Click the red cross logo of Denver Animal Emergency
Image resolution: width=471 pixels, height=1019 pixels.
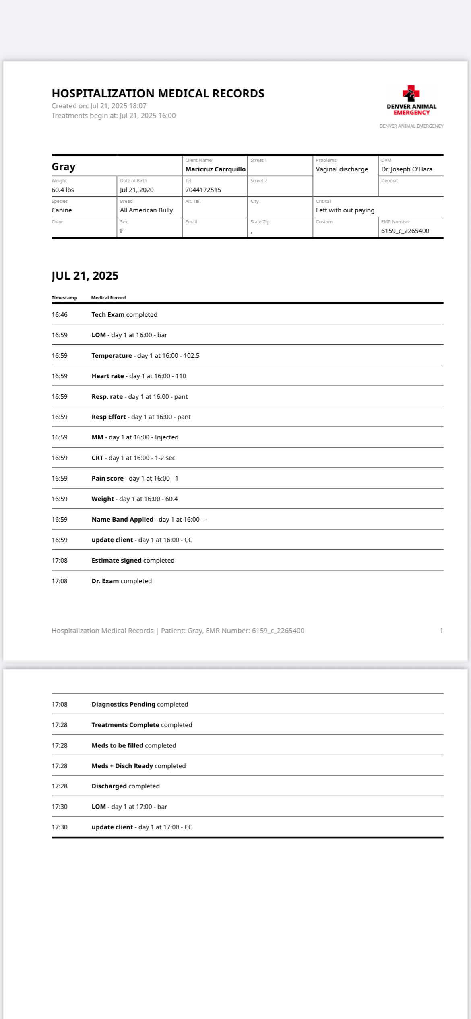[411, 93]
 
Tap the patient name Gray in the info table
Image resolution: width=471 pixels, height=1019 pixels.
[64, 167]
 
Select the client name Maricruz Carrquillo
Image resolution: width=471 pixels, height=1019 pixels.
[215, 169]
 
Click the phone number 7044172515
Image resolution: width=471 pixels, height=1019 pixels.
[203, 190]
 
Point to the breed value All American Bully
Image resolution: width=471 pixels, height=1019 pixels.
[146, 210]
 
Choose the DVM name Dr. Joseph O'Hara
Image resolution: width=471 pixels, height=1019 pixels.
[407, 169]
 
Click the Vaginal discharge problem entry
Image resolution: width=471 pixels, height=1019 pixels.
[342, 169]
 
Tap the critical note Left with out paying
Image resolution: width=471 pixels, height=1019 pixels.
[345, 210]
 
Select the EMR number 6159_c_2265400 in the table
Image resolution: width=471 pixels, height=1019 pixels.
[405, 231]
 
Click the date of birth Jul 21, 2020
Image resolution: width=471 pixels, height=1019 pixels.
[136, 190]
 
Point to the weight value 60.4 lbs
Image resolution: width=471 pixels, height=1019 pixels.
[63, 190]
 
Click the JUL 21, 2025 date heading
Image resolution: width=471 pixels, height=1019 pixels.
[85, 276]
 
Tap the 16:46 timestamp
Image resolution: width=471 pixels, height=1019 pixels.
[60, 315]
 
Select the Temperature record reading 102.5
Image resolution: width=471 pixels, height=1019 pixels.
[145, 356]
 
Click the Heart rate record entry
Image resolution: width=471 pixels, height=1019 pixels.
[138, 376]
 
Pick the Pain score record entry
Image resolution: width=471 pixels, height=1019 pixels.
[134, 479]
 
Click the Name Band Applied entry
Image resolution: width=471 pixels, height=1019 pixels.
[149, 520]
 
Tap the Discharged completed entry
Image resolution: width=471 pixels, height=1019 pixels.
[126, 786]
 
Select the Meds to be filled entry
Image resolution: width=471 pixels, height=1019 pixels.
[134, 745]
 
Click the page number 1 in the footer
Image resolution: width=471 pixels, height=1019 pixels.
[441, 631]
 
